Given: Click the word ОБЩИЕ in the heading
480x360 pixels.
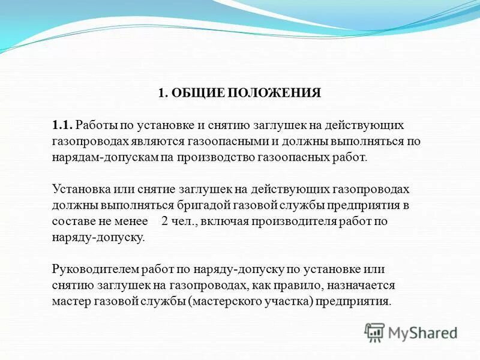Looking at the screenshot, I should click(x=190, y=93).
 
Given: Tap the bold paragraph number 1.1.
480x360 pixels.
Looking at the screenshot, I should click(x=62, y=125).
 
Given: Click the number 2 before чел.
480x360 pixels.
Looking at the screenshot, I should click(x=165, y=221).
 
